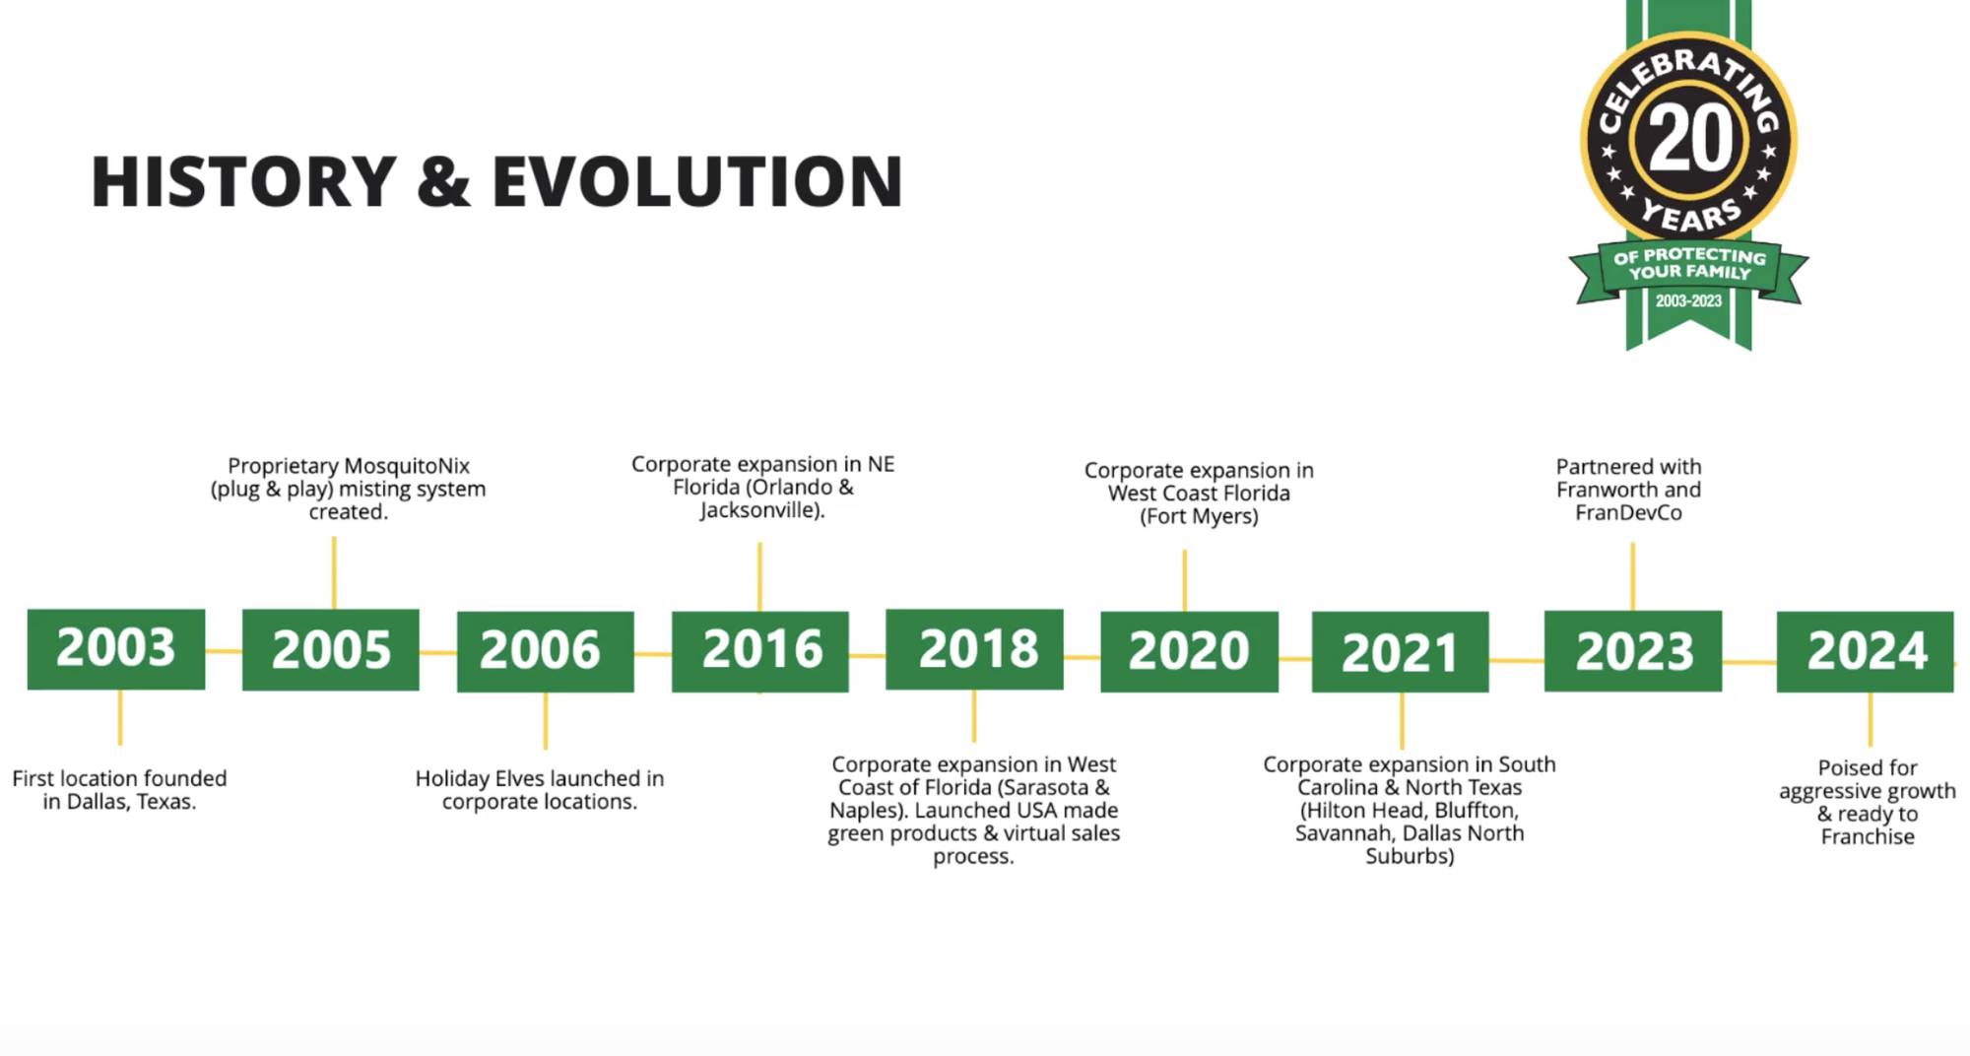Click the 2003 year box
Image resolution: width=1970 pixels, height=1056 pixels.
(x=116, y=649)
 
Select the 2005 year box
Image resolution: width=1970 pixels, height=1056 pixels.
(x=331, y=650)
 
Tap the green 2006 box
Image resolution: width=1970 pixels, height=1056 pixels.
(x=546, y=651)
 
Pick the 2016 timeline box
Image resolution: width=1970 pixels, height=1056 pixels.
(x=760, y=651)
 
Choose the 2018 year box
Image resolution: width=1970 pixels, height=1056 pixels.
(x=974, y=649)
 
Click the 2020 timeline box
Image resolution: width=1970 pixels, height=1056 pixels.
(x=1189, y=651)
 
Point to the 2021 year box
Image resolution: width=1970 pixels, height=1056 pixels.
(x=1401, y=652)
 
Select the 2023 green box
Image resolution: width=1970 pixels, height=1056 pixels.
(x=1633, y=651)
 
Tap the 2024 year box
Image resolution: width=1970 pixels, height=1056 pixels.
(x=1866, y=651)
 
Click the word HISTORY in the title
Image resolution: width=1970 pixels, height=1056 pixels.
(x=244, y=181)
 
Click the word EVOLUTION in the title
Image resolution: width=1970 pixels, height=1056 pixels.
(x=697, y=181)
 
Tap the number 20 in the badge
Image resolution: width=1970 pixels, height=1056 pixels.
(x=1690, y=140)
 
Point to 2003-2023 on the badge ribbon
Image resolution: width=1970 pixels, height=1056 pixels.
(x=1688, y=301)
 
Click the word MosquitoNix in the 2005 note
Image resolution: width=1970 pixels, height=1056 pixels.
(x=407, y=466)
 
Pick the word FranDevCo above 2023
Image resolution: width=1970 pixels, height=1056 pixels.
(x=1628, y=513)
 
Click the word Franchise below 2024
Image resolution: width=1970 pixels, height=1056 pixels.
(x=1868, y=837)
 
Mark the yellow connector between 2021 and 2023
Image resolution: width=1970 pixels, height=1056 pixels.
(x=1517, y=660)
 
